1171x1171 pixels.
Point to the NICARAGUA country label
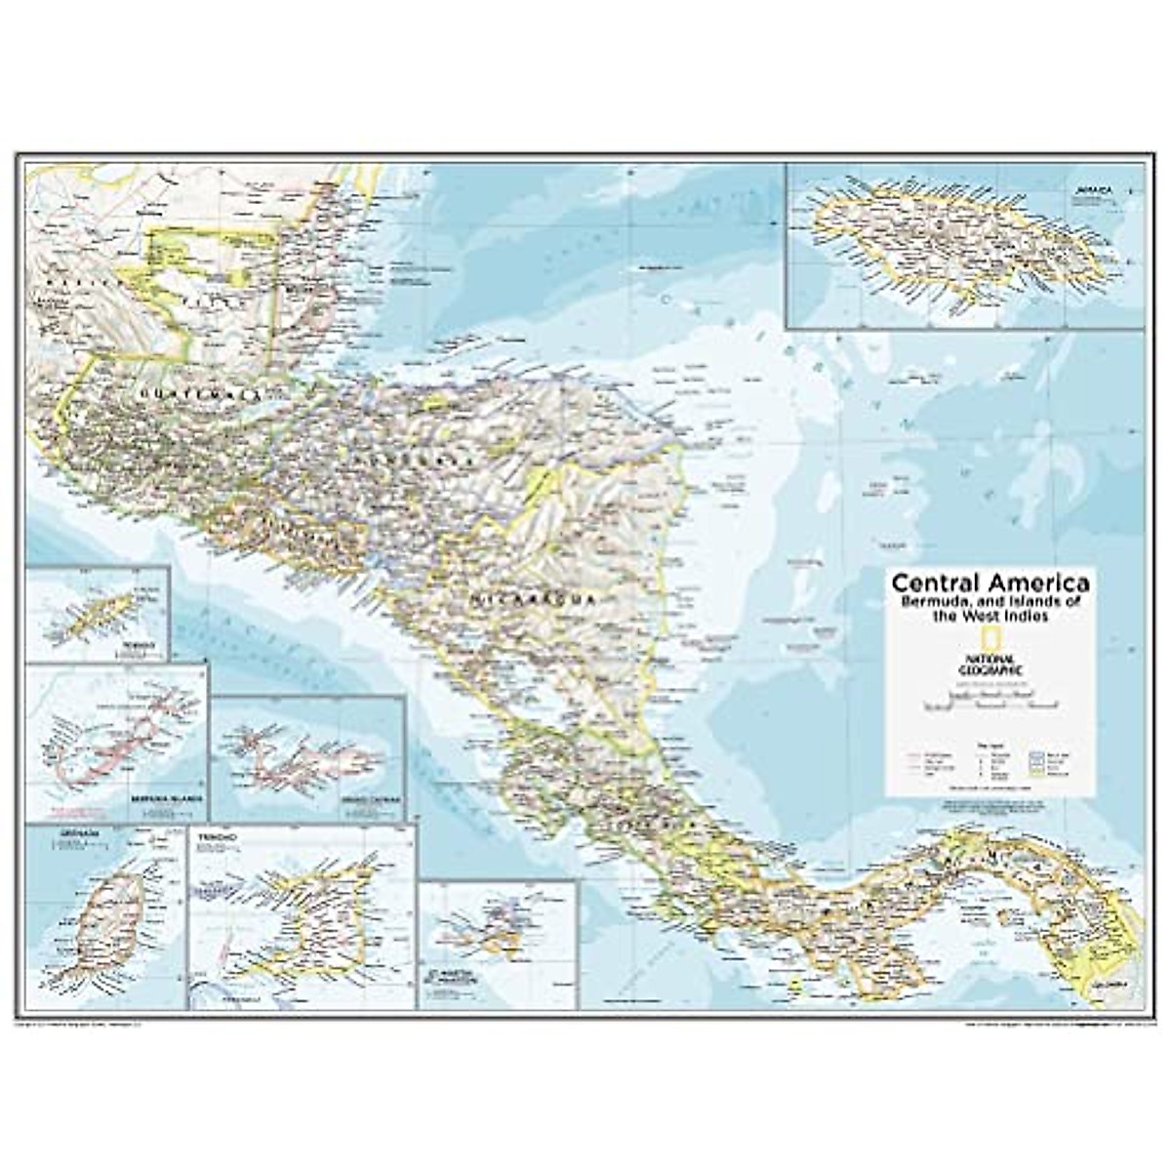[532, 598]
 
